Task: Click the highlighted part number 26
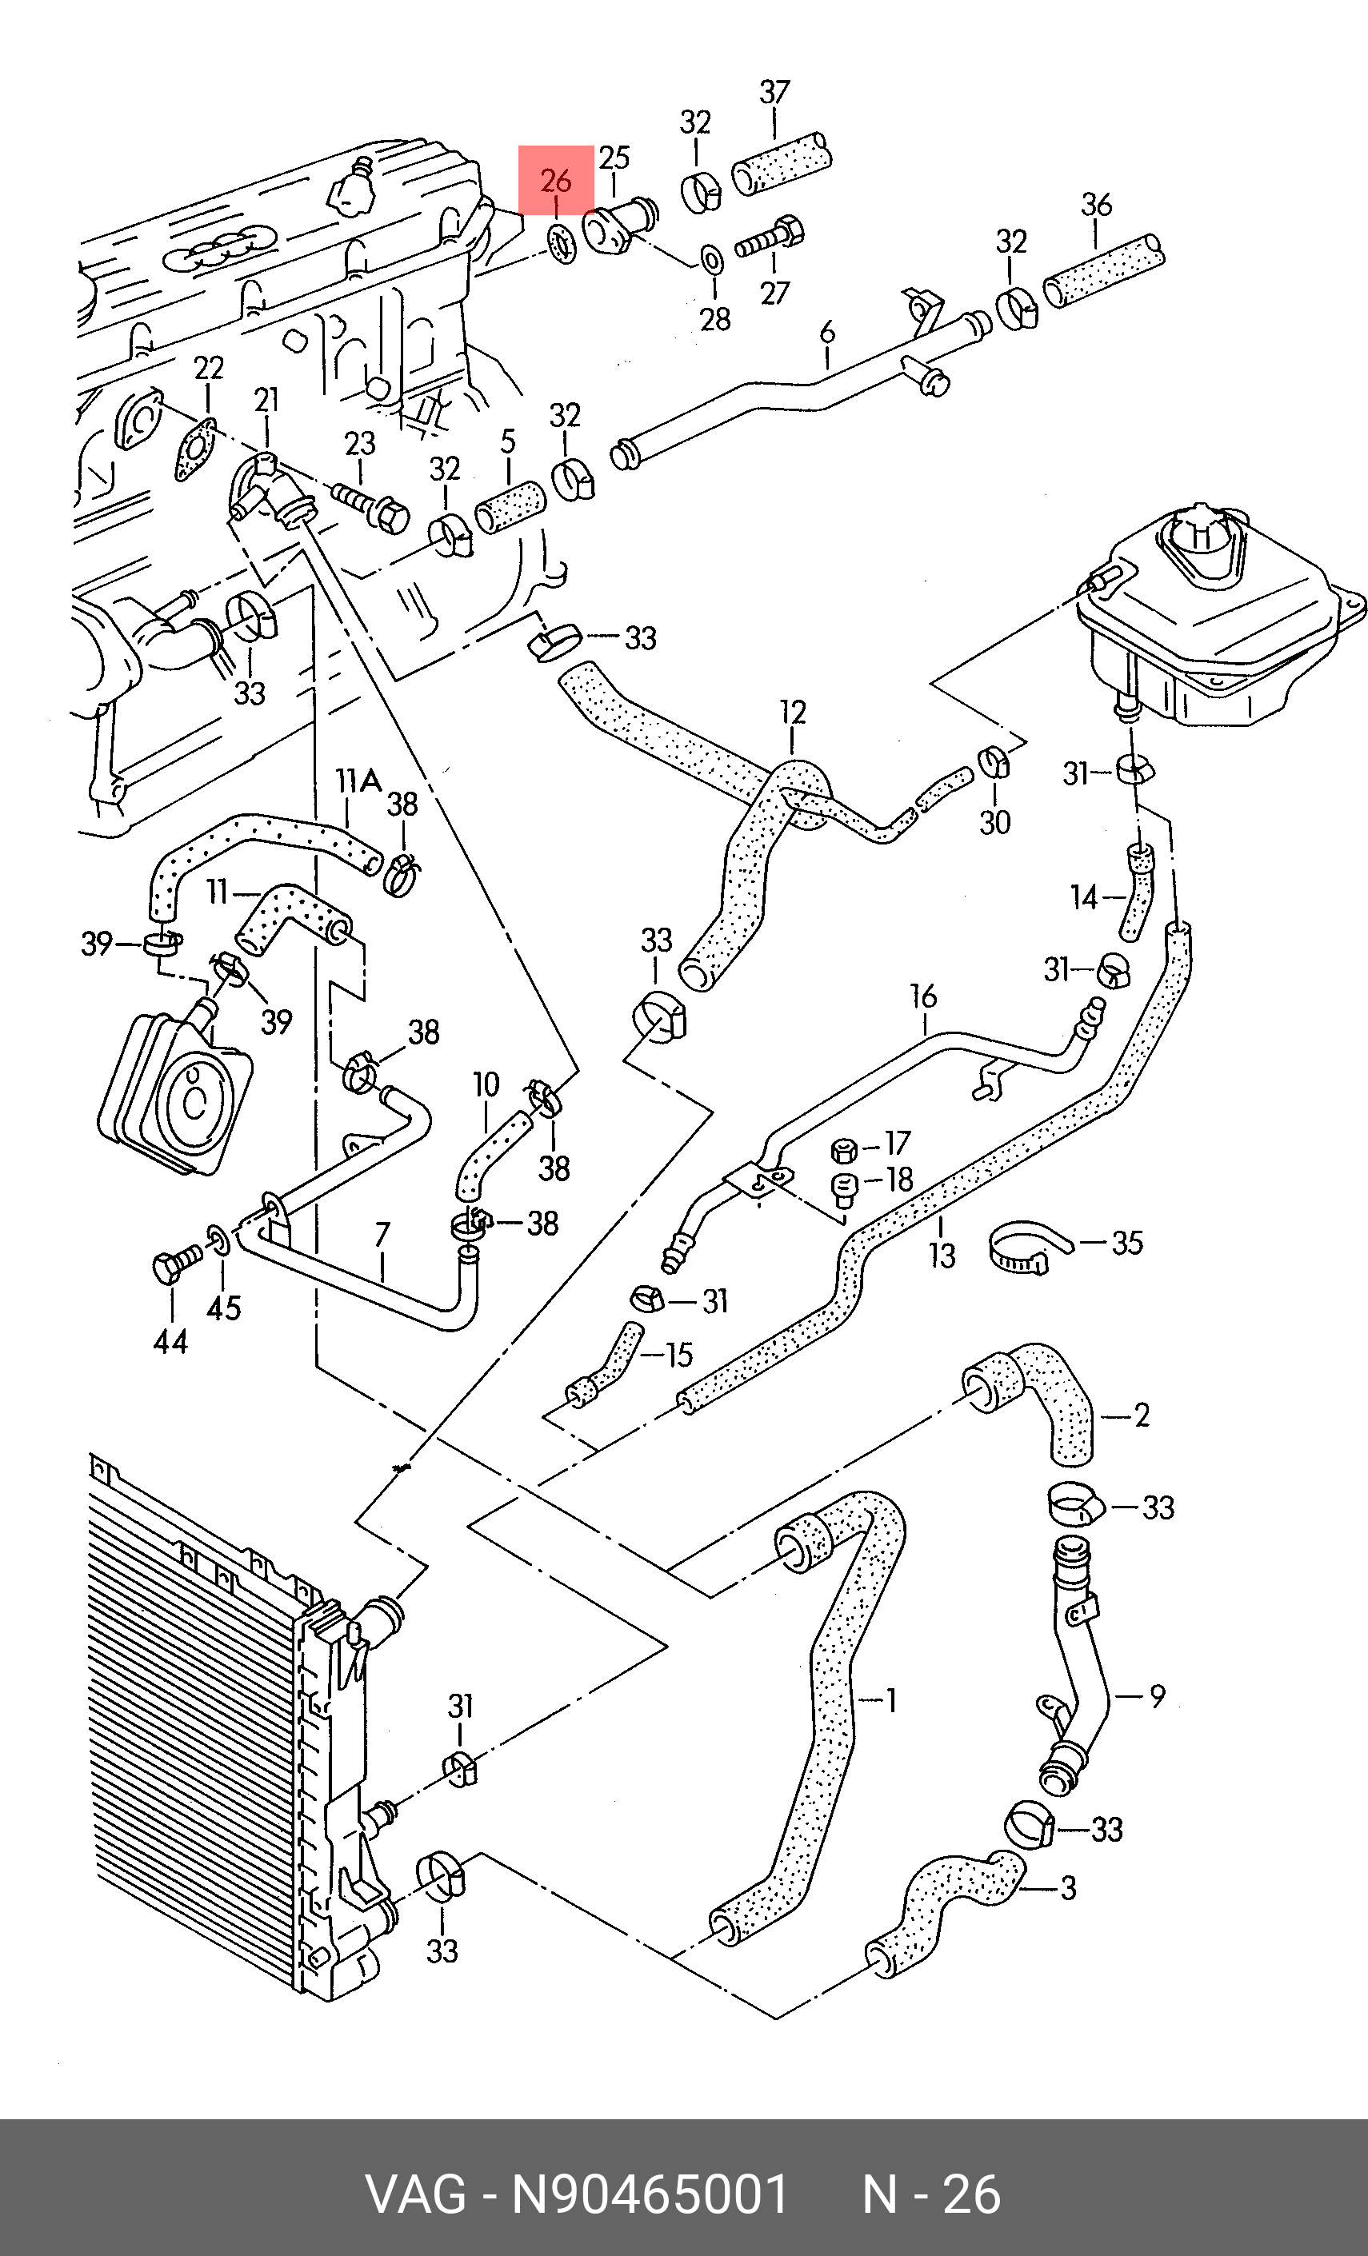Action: coord(556,181)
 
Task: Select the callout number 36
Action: coord(1096,204)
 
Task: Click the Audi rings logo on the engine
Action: coord(221,246)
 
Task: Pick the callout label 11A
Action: coord(358,781)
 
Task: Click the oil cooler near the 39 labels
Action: coord(175,1093)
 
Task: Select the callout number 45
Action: coord(223,1308)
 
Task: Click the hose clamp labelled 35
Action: coord(1027,1248)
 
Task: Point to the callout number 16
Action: coord(923,996)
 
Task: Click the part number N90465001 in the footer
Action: coord(650,2194)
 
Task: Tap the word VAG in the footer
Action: coord(416,2194)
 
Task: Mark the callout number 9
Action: coord(1158,1696)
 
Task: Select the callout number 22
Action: coord(209,368)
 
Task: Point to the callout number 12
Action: coord(793,713)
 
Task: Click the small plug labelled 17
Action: coord(843,1150)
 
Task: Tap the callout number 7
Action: coord(382,1233)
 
